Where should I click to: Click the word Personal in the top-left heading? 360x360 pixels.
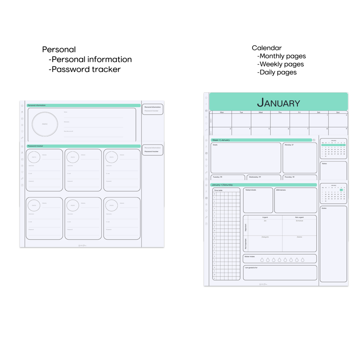(x=59, y=50)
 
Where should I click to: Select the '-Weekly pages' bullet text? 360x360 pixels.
(x=280, y=64)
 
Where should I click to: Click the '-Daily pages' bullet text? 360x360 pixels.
(x=277, y=72)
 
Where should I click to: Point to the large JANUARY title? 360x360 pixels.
(x=278, y=103)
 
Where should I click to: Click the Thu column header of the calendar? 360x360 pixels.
(x=280, y=112)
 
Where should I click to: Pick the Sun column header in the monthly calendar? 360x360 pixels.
(x=338, y=112)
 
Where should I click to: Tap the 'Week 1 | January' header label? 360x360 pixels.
(x=221, y=140)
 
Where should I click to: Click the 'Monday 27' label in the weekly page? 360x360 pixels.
(x=289, y=145)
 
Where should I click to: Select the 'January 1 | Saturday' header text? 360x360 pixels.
(x=222, y=185)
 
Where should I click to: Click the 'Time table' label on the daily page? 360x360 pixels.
(x=218, y=191)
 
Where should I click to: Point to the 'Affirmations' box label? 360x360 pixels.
(x=281, y=190)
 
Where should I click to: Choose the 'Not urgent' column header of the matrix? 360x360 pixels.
(x=299, y=217)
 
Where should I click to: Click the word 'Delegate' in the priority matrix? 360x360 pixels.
(x=265, y=237)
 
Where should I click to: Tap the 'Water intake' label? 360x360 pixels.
(x=250, y=256)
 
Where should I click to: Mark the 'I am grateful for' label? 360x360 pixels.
(x=251, y=268)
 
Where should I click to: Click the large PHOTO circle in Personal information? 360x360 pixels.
(x=45, y=124)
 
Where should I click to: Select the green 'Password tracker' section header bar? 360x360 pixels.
(x=83, y=146)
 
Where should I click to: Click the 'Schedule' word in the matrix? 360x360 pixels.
(x=299, y=221)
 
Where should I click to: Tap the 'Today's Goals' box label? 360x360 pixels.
(x=251, y=190)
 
